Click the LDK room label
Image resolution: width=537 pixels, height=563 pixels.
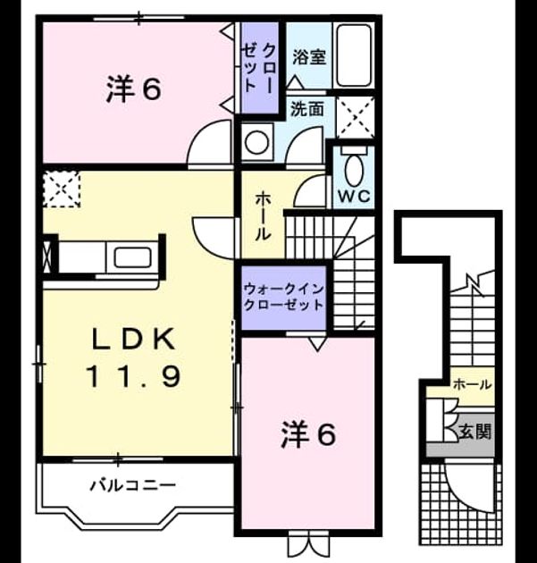point(134,340)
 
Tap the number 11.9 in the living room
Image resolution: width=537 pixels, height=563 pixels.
point(133,376)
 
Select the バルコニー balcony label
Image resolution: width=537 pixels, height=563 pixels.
point(132,486)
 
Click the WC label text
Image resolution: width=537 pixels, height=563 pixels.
point(355,196)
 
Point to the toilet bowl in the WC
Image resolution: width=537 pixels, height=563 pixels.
point(354,170)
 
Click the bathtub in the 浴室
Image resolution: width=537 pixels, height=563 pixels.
point(354,55)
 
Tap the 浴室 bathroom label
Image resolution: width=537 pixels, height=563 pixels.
point(309,57)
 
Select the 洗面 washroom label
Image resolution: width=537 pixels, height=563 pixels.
point(306,109)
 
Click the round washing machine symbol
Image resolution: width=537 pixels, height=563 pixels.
point(256,143)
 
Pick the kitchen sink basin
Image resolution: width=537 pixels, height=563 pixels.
point(132,257)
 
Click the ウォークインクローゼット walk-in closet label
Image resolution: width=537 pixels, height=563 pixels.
point(283,297)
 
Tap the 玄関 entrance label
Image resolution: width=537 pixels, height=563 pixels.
point(474,431)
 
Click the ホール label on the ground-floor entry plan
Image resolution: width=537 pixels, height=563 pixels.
point(472,384)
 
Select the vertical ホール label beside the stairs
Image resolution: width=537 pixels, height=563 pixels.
point(263,216)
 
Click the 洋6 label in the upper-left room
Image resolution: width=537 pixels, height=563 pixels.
point(133,89)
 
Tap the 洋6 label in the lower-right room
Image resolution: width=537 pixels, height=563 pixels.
point(308,434)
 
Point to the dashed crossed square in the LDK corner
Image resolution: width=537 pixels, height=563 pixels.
point(61,189)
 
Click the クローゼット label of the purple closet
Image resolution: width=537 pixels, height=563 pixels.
point(258,68)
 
